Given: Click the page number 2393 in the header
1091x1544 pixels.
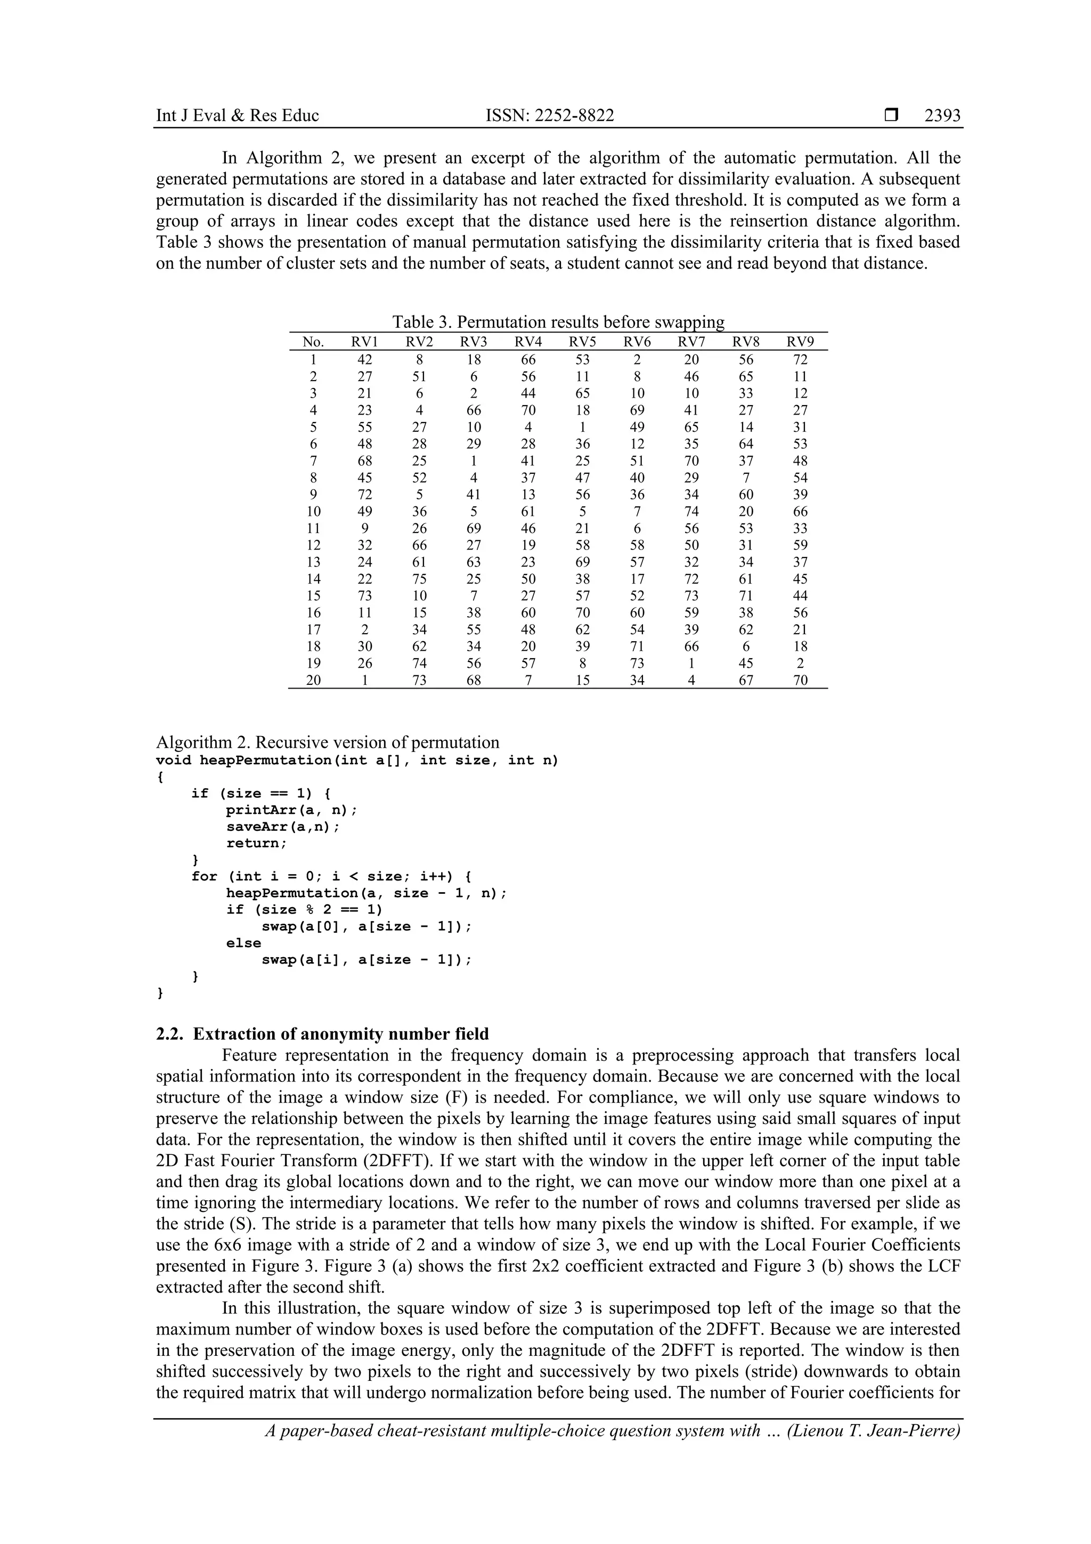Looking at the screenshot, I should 942,116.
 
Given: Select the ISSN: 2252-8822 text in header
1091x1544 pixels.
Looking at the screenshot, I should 549,116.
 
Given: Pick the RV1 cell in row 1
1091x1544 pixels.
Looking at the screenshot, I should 364,360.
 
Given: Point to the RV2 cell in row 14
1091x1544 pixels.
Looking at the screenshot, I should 419,579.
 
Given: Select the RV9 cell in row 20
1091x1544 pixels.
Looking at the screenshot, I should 800,680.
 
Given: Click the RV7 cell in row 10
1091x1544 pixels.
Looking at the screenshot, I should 691,511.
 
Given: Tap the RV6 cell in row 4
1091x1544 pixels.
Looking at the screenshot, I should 637,410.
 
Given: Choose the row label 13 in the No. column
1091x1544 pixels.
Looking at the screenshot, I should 313,562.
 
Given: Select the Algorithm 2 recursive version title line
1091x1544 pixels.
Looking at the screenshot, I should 328,742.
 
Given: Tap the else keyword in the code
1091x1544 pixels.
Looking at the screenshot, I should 243,943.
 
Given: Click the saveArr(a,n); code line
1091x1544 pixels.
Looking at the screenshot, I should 283,827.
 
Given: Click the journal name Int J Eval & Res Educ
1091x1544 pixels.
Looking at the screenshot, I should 237,116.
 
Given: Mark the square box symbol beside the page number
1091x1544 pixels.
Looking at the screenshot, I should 891,116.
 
